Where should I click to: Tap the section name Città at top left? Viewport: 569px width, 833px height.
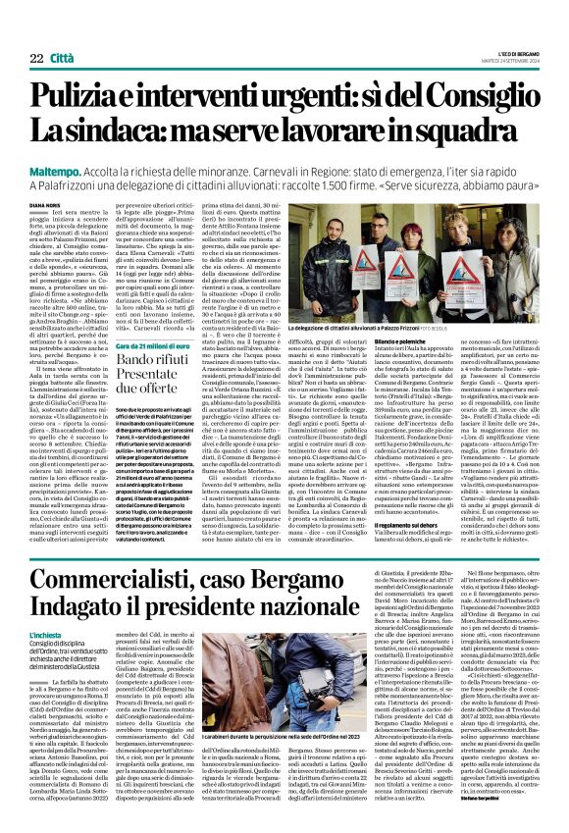tap(87, 32)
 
